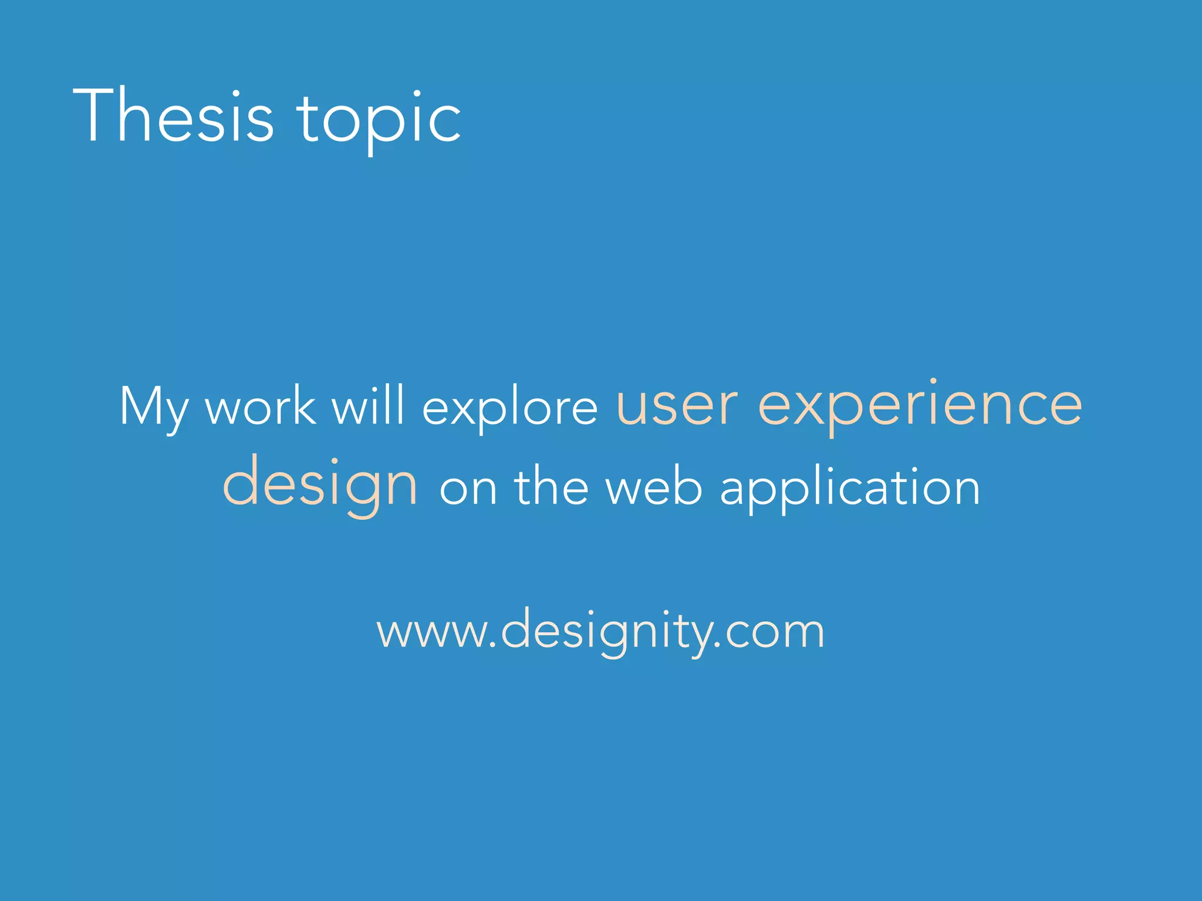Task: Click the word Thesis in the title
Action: pyautogui.click(x=174, y=116)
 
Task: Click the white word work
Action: pyautogui.click(x=261, y=406)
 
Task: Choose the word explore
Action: pyautogui.click(x=509, y=409)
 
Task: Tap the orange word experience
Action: pyautogui.click(x=920, y=407)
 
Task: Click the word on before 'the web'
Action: pyautogui.click(x=468, y=489)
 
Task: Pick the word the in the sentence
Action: pyautogui.click(x=551, y=486)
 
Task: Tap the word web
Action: pyautogui.click(x=653, y=486)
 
